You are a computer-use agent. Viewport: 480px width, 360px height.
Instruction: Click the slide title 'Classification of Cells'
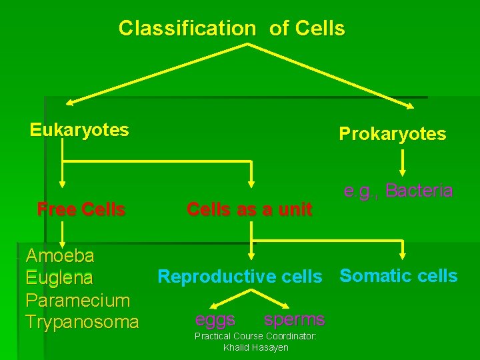pos(231,28)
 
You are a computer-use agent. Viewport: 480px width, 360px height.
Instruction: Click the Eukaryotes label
pos(79,129)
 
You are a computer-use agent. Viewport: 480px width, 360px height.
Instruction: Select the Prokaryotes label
pos(392,134)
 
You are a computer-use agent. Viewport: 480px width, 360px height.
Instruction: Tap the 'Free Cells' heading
pos(81,209)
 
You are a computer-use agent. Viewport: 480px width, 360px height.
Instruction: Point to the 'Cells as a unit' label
pos(249,209)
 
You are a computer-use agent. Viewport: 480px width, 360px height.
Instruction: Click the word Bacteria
pos(419,191)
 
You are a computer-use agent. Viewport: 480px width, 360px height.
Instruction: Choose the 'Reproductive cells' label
pos(239,277)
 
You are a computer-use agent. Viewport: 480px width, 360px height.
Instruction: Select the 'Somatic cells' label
pos(399,276)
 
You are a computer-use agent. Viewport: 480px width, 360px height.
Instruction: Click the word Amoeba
pos(59,255)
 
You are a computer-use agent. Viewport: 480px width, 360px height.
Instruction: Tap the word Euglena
pos(59,277)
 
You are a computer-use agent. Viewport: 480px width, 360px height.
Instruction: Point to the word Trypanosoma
pos(82,323)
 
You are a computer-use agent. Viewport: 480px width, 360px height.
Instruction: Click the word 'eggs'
pos(215,320)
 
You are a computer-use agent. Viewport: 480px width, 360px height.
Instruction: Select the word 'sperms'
pos(294,320)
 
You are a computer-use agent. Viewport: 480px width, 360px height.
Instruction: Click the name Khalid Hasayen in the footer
pos(255,348)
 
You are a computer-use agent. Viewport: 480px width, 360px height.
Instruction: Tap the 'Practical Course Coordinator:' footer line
pos(255,337)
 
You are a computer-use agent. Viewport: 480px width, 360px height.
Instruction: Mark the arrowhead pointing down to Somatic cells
pos(403,254)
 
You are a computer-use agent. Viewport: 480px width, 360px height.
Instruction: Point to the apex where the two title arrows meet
pos(248,45)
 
